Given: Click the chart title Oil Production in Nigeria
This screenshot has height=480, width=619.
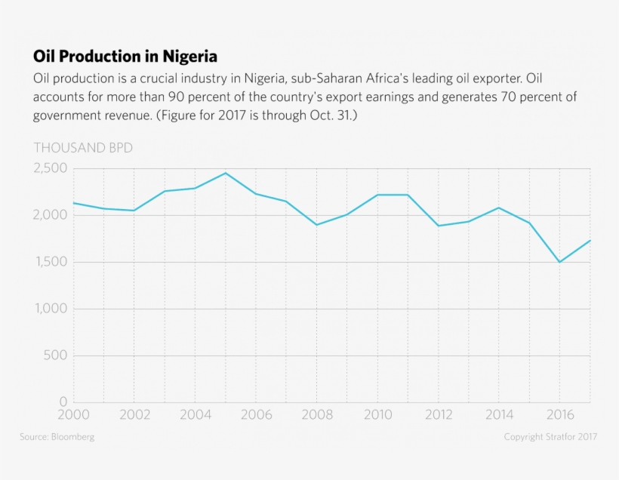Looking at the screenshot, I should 125,57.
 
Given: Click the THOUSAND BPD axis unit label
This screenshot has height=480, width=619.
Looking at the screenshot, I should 83,148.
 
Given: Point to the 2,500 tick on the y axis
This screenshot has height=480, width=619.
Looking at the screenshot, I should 50,168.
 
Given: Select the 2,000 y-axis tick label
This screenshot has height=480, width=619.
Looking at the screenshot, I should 50,215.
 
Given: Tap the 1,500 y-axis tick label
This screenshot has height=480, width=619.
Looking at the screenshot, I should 51,262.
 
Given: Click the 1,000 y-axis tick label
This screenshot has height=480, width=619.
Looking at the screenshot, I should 51,309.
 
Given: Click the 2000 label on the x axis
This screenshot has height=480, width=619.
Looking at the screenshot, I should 73,414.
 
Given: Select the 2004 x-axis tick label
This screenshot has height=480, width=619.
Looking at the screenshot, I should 195,414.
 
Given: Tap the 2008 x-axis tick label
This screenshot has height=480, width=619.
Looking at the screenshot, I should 316,414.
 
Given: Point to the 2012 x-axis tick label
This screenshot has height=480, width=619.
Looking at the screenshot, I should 438,414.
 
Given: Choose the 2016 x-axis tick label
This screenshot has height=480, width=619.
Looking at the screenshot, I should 559,414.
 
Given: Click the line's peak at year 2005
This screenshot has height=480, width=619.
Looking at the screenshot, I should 225,173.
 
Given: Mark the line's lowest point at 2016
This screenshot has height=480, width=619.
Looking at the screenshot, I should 559,262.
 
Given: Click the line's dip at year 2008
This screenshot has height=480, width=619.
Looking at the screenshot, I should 316,225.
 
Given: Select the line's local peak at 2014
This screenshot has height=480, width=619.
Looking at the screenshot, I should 498,208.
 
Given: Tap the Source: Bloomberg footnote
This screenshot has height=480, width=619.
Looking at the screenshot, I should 57,437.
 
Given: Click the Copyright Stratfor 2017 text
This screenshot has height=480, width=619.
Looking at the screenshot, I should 551,437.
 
